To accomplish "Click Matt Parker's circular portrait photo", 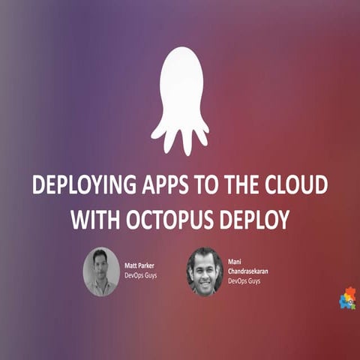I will coord(100,271).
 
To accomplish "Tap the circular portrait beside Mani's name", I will coord(205,271).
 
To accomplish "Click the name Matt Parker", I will coord(139,265).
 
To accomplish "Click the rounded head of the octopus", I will coord(179,79).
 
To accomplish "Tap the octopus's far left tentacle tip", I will coord(154,135).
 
